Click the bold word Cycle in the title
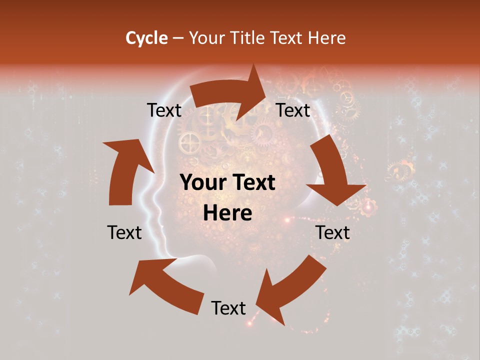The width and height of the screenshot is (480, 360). point(146,38)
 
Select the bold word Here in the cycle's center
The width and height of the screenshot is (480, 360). point(227,213)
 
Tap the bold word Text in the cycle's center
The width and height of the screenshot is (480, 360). point(252,183)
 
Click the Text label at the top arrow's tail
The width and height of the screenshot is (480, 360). point(164,110)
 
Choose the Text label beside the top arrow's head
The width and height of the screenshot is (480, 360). point(293,110)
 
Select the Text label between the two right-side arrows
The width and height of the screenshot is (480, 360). point(332,232)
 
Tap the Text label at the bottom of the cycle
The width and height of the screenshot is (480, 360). point(228,308)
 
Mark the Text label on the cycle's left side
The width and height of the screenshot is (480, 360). point(124,232)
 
